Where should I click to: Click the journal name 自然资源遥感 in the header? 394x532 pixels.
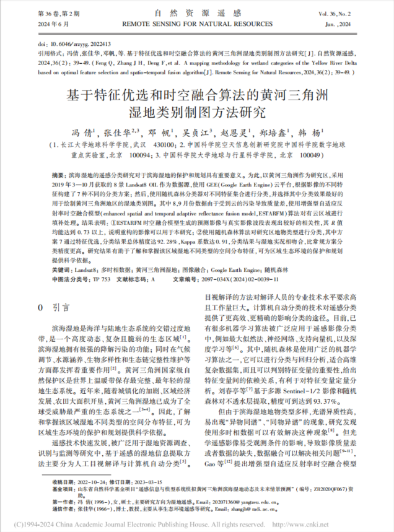click(196, 12)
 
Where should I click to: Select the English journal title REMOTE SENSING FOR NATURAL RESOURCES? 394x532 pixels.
click(196, 22)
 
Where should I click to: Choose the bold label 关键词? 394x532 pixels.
click(59, 253)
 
